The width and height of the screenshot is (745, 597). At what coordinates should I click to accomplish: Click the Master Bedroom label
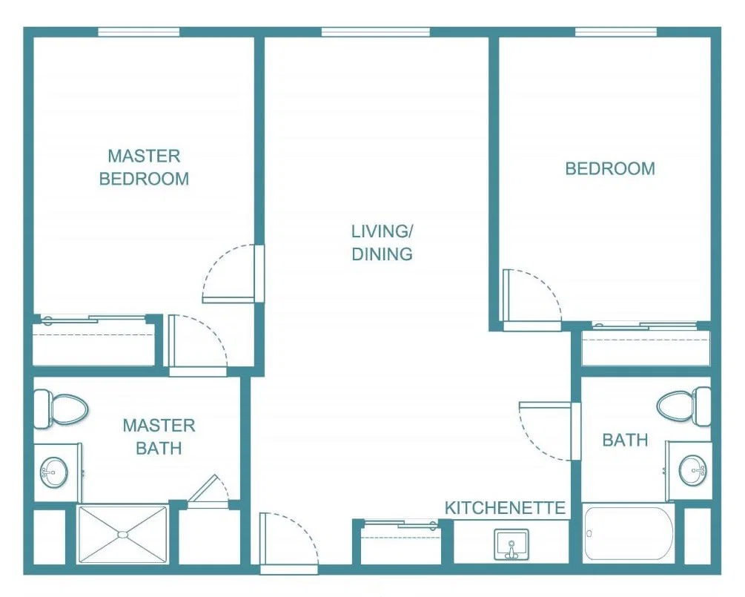[144, 168]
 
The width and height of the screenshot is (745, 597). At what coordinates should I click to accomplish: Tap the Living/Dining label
[382, 243]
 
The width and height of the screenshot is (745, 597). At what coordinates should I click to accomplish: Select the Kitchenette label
[505, 508]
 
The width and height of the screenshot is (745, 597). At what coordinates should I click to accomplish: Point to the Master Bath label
[159, 437]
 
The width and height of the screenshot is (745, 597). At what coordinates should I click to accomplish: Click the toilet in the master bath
[62, 409]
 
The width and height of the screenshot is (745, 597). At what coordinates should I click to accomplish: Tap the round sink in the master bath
[53, 472]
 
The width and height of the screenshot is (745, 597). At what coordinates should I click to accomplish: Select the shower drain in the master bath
[122, 535]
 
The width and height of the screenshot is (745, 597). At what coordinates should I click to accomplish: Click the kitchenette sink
[511, 544]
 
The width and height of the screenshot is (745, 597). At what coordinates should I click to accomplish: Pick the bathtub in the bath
[629, 534]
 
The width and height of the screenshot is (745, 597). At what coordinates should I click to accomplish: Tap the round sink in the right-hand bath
[692, 470]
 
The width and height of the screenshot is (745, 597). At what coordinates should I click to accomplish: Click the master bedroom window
[139, 32]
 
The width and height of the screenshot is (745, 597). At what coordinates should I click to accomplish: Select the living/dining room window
[375, 32]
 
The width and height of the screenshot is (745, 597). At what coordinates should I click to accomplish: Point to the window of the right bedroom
[616, 32]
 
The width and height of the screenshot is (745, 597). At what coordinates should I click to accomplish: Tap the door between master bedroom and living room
[233, 274]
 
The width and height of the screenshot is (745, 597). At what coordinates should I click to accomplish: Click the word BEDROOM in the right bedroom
[610, 168]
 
